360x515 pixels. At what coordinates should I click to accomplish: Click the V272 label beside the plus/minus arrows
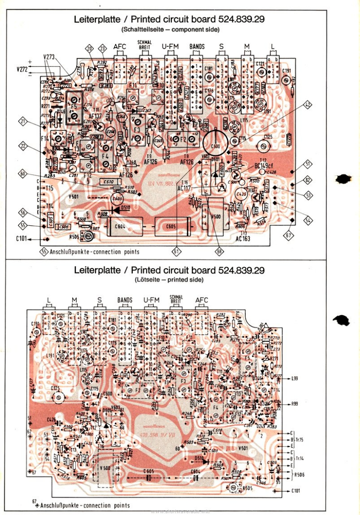(x=21, y=69)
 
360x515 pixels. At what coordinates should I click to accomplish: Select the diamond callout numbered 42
(x=308, y=105)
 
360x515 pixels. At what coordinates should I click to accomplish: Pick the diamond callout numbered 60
(x=23, y=174)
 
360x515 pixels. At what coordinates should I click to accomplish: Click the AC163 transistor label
(x=243, y=239)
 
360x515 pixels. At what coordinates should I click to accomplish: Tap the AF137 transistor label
(x=96, y=117)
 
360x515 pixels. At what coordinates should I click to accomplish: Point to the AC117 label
(x=184, y=188)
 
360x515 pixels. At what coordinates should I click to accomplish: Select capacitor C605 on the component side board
(x=171, y=226)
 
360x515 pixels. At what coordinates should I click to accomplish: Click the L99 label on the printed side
(x=294, y=378)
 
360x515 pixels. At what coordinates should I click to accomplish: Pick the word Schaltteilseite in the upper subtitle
(x=140, y=29)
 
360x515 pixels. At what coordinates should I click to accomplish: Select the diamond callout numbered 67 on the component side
(x=289, y=235)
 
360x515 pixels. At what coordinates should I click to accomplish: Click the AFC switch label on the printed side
(x=202, y=300)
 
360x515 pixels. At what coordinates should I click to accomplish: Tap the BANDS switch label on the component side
(x=197, y=47)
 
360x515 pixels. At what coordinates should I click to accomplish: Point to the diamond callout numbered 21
(x=23, y=121)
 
